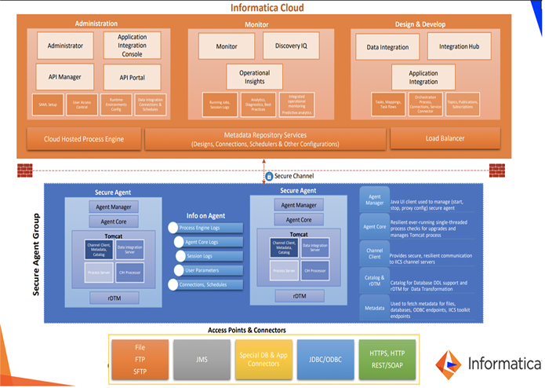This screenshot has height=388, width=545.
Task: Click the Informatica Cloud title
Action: [x=267, y=8]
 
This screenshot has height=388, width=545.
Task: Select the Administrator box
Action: [x=65, y=46]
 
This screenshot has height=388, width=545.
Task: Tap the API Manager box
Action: [x=65, y=76]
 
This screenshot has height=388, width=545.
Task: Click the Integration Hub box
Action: [x=459, y=46]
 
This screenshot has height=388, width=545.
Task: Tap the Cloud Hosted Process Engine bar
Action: [x=84, y=139]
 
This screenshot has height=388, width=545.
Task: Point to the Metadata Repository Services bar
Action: [x=267, y=139]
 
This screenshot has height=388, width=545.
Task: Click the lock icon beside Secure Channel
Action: [x=268, y=177]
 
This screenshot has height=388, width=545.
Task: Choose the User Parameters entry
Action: [x=202, y=270]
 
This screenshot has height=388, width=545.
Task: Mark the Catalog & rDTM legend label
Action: [x=373, y=280]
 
